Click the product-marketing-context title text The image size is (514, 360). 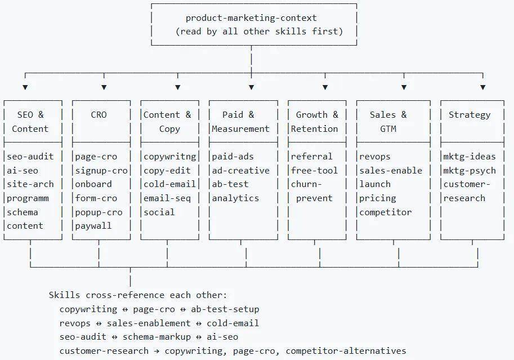tap(251, 18)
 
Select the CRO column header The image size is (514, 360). tap(99, 115)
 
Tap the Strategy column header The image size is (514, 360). tap(470, 115)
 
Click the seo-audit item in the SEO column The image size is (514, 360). tap(30, 157)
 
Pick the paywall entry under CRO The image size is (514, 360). tap(93, 226)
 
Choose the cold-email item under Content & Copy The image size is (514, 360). tap(169, 184)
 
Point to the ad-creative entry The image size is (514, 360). tap(240, 171)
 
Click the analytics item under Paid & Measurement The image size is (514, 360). tap(235, 198)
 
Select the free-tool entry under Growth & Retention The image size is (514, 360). tap(314, 171)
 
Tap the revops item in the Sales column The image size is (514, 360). tap(375, 157)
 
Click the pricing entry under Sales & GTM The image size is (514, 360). tap(378, 198)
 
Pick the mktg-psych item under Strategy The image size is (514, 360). tap(470, 171)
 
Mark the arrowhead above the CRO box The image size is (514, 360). tap(104, 87)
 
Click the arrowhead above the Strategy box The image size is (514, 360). tap(482, 87)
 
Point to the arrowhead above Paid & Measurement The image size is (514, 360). tap(251, 87)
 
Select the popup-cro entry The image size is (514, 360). tap(99, 212)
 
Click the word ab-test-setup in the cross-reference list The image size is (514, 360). tap(225, 309)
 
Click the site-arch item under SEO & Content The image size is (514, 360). tap(30, 184)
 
